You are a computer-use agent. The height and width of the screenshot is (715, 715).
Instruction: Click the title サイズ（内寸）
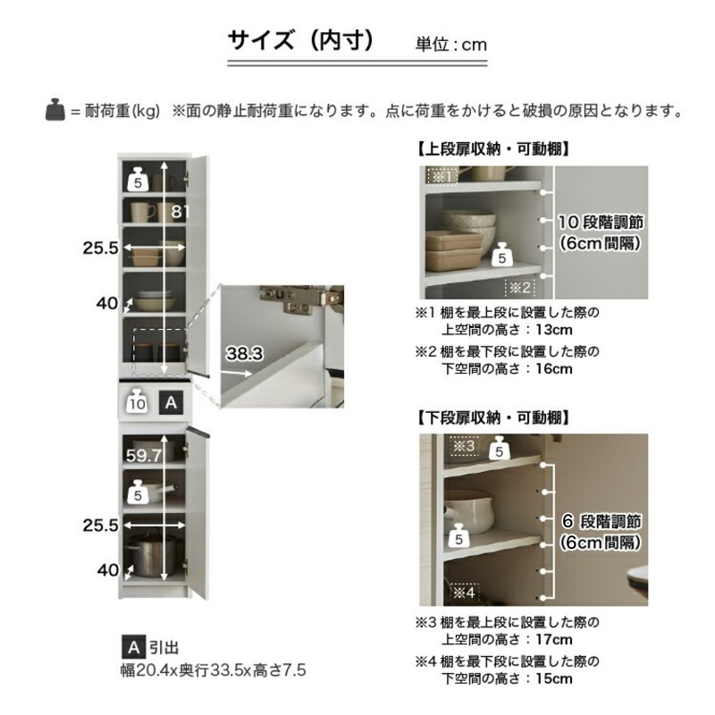tap(300, 41)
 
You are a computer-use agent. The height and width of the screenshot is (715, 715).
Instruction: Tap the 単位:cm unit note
tap(451, 44)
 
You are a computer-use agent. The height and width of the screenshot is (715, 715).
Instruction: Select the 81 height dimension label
tap(182, 212)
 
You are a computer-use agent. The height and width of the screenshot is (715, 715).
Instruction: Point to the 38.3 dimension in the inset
tap(243, 354)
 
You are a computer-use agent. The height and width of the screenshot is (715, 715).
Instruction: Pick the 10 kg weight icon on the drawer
tap(137, 401)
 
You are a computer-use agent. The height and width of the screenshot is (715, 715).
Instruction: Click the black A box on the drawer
tap(172, 402)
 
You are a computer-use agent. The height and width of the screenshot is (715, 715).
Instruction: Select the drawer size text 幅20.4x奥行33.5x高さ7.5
tap(214, 669)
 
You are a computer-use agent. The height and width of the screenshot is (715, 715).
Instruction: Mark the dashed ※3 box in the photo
tap(464, 444)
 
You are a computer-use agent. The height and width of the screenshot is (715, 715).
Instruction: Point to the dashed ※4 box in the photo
tap(464, 591)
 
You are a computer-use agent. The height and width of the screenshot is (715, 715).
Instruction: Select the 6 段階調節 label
tap(600, 520)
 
